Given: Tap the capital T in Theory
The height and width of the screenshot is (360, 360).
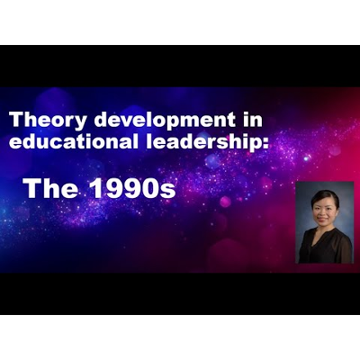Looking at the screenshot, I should click(x=14, y=120).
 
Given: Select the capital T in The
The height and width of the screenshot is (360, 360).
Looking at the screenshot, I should click(x=30, y=188).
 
